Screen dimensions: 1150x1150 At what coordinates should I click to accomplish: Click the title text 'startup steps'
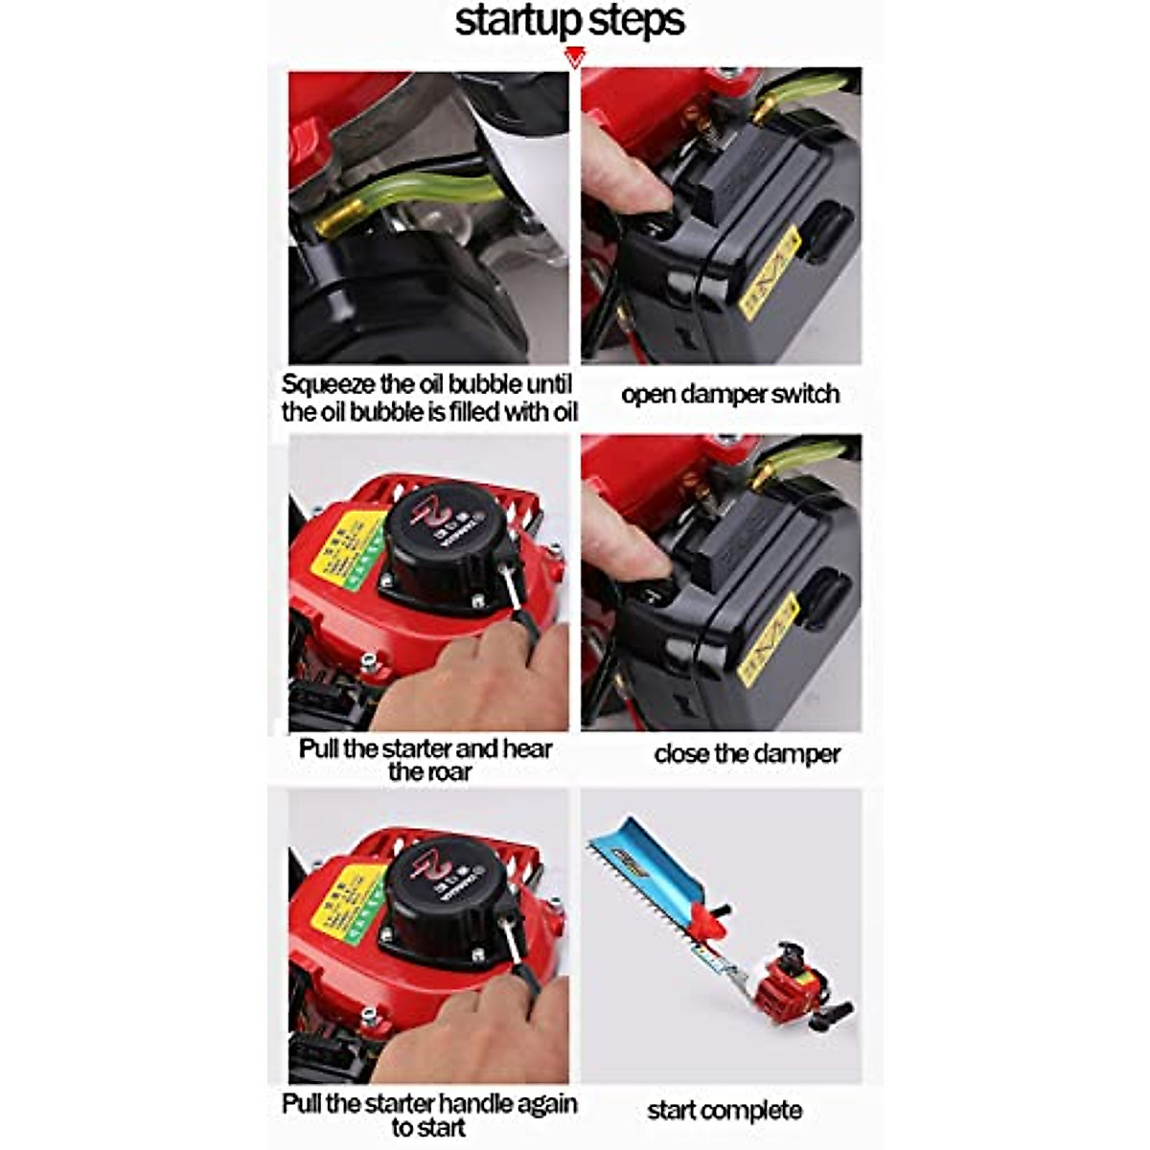click(x=569, y=21)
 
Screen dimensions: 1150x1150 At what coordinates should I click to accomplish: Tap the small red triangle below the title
click(x=574, y=58)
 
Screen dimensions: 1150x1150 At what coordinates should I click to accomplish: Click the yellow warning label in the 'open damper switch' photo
click(x=770, y=273)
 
